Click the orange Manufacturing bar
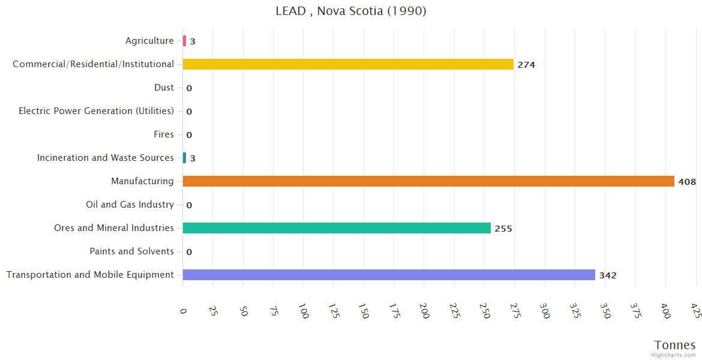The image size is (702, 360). coord(428,181)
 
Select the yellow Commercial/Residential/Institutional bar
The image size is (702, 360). coord(348,64)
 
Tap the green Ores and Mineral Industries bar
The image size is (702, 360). coord(337,228)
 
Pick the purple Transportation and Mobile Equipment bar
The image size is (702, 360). coord(389,275)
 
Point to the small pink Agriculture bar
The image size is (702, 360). coord(184,41)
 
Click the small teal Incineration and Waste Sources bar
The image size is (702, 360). coord(184,158)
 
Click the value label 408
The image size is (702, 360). coord(687,182)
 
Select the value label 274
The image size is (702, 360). coord(526,65)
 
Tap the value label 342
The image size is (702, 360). coord(608,275)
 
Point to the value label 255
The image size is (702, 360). coord(503,229)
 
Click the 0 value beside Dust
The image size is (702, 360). coord(189,88)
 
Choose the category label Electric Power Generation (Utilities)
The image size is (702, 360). coord(96,111)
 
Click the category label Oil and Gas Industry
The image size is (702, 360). coord(130,205)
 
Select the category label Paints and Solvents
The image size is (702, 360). coord(131,251)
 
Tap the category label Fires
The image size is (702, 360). coord(164,134)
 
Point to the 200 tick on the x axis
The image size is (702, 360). coord(423,311)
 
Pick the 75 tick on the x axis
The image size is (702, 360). coord(273,311)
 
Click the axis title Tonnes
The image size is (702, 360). coord(675,345)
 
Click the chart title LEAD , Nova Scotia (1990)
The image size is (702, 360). coord(351,11)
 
